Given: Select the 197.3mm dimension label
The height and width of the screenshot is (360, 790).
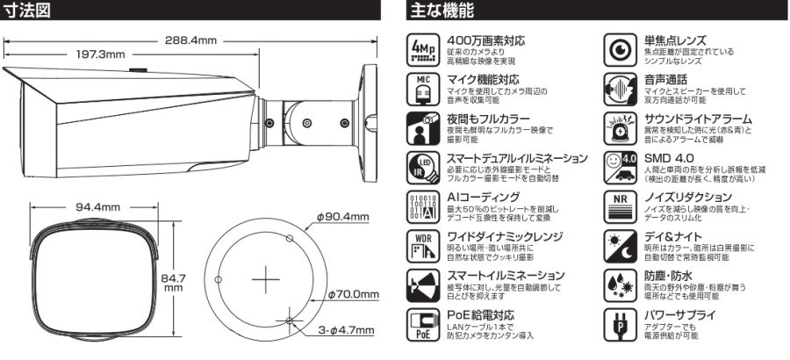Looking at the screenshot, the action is [x=100, y=54].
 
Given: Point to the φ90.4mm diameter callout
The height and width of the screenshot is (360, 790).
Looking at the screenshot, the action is [x=342, y=217].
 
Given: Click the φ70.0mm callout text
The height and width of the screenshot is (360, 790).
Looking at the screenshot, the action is [x=353, y=294].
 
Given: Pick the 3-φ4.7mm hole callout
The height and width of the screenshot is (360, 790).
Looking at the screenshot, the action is [x=346, y=331].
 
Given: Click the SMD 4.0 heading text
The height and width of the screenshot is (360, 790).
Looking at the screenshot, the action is [x=669, y=158].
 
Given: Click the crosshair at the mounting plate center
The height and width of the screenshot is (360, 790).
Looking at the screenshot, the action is [x=265, y=279].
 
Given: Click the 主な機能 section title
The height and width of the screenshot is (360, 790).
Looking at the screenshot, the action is [x=442, y=10].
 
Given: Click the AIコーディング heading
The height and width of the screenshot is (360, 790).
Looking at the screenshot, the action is [x=483, y=198].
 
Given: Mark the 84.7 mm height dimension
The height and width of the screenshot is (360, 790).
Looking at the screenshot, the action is [x=173, y=283].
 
